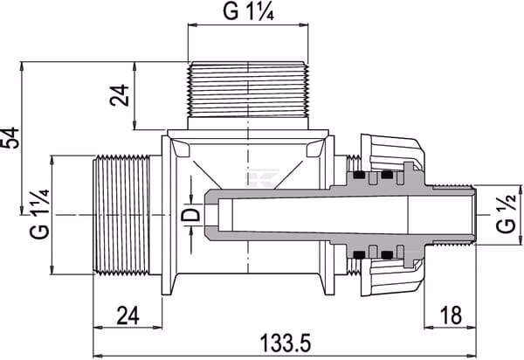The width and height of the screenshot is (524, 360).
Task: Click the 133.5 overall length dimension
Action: point(285,343)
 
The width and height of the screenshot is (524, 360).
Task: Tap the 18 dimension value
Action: point(451,315)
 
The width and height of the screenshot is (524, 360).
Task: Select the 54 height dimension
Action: point(10,137)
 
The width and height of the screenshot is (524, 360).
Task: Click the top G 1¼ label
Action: point(248,11)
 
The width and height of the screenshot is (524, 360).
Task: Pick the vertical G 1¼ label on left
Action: point(40,214)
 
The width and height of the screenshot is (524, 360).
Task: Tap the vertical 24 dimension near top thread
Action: point(120,95)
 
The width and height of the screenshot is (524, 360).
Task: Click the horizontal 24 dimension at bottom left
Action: point(128,315)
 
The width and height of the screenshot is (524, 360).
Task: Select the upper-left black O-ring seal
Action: point(359,175)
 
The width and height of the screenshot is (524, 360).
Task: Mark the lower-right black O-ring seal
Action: point(387,254)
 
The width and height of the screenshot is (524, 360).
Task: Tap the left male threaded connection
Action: point(121,215)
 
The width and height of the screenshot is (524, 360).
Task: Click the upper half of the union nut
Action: point(392,153)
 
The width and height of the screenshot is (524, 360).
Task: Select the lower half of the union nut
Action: point(392,277)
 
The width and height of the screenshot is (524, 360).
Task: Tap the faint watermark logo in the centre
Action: point(262,178)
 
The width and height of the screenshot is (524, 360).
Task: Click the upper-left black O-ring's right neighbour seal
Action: point(387,175)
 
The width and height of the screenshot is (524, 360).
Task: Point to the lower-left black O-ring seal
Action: point(359,254)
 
